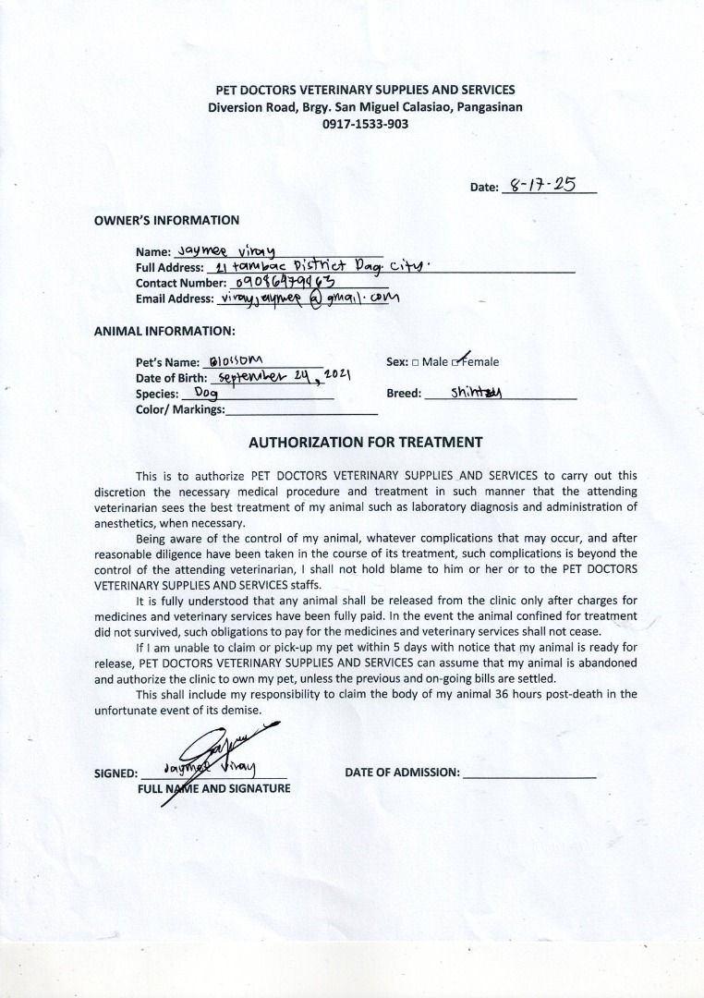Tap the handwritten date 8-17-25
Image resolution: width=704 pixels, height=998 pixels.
pos(549,185)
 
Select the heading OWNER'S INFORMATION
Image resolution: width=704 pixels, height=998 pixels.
pos(166,220)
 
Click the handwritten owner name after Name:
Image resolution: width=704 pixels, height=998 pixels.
pos(220,250)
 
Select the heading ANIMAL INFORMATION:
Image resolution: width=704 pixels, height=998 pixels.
pos(164,330)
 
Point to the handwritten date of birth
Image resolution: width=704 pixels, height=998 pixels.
pos(280,376)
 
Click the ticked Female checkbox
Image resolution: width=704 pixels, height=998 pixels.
pos(456,362)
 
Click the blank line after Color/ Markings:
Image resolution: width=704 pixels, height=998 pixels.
pos(301,410)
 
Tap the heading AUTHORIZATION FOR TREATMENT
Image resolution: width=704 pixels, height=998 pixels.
pos(365,442)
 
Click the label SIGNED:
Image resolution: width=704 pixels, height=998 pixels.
pos(115,773)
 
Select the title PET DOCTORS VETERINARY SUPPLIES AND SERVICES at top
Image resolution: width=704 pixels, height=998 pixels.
pos(365,90)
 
